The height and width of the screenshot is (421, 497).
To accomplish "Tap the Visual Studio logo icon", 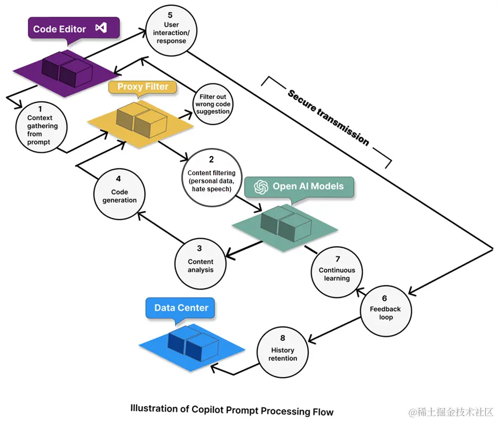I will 101,28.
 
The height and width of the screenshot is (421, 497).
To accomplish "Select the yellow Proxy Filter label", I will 142,87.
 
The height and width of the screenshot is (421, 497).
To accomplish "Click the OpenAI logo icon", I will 261,186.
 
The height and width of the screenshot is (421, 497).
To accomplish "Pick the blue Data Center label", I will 181,308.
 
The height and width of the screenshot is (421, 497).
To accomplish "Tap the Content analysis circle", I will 201,263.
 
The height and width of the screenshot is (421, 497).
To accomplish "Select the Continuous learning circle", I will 337,272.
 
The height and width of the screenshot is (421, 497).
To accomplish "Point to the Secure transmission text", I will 328,117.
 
